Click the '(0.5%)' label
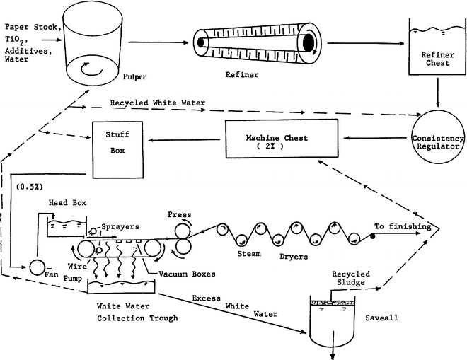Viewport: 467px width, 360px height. [28, 187]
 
